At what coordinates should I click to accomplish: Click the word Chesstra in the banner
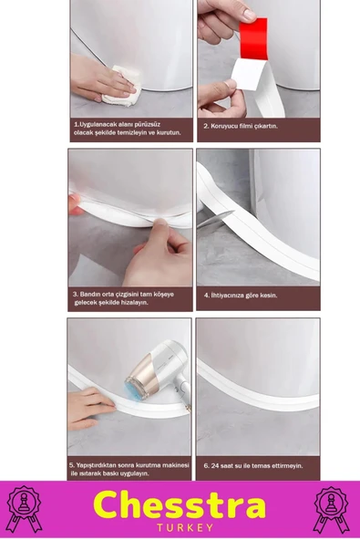180,504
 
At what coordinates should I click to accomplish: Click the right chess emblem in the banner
334,509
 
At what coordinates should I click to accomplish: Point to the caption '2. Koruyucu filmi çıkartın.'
241,126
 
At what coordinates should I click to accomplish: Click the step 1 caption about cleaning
128,128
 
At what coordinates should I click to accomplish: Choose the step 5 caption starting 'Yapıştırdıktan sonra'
129,469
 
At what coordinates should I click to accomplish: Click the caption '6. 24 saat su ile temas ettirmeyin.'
252,465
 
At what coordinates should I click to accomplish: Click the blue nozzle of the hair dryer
128,390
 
